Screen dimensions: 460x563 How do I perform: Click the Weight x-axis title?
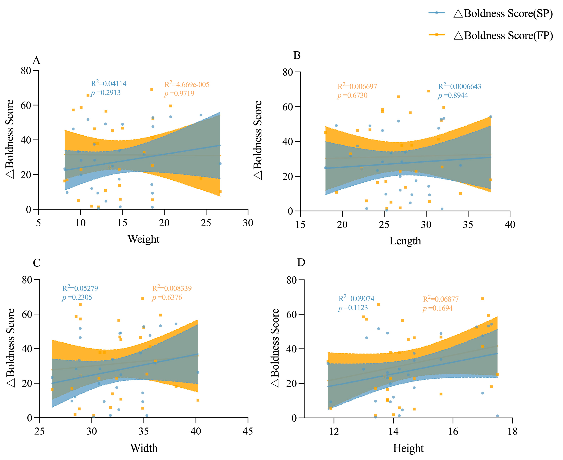(x=143, y=239)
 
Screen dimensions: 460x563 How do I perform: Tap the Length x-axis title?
(x=405, y=241)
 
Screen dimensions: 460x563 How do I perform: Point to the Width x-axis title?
(x=144, y=448)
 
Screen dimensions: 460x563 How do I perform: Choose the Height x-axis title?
(x=408, y=448)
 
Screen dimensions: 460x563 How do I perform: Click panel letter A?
(x=36, y=60)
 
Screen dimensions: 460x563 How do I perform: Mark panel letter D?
(x=301, y=262)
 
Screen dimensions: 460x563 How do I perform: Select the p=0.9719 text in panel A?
(x=179, y=93)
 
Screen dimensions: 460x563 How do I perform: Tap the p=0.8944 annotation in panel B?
(x=453, y=95)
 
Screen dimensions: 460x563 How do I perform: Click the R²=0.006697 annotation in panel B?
(x=357, y=86)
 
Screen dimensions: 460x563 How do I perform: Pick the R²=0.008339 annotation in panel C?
(x=172, y=288)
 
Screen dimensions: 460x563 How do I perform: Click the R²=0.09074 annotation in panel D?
(x=356, y=298)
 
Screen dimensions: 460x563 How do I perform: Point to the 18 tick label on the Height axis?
(x=512, y=431)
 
